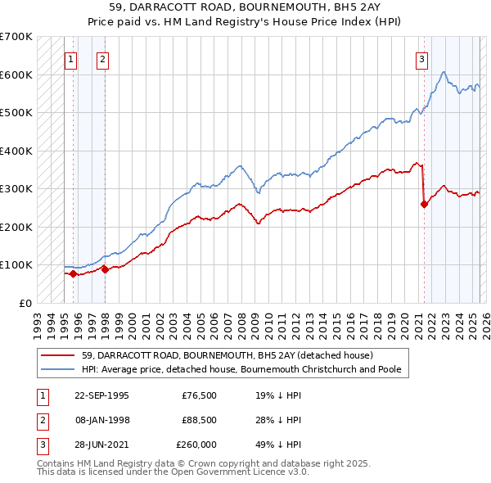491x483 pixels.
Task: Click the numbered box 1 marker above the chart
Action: click(x=70, y=59)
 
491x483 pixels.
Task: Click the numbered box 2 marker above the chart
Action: click(x=102, y=59)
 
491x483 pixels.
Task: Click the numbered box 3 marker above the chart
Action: click(x=421, y=59)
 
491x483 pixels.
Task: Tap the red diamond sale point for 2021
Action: click(x=424, y=205)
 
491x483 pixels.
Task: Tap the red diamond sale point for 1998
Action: click(x=105, y=269)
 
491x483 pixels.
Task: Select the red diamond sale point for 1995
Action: click(x=74, y=273)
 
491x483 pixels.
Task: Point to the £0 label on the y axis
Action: click(x=25, y=303)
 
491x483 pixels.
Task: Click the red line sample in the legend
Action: click(x=58, y=356)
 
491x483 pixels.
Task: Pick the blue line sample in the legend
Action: click(x=58, y=369)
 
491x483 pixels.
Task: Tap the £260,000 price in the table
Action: click(x=196, y=445)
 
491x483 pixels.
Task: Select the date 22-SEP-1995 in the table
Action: click(x=101, y=395)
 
